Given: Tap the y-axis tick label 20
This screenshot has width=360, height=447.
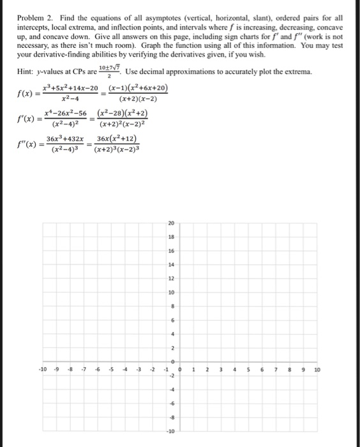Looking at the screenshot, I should [171, 224].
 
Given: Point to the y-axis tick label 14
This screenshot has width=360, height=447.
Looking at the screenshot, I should [171, 265].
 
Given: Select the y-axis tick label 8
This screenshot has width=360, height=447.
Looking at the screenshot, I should [171, 306].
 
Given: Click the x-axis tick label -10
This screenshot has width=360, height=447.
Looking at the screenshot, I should [43, 370].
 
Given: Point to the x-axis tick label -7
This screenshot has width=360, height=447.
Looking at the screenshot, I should [84, 370].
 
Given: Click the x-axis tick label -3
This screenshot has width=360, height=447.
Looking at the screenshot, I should [139, 370].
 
